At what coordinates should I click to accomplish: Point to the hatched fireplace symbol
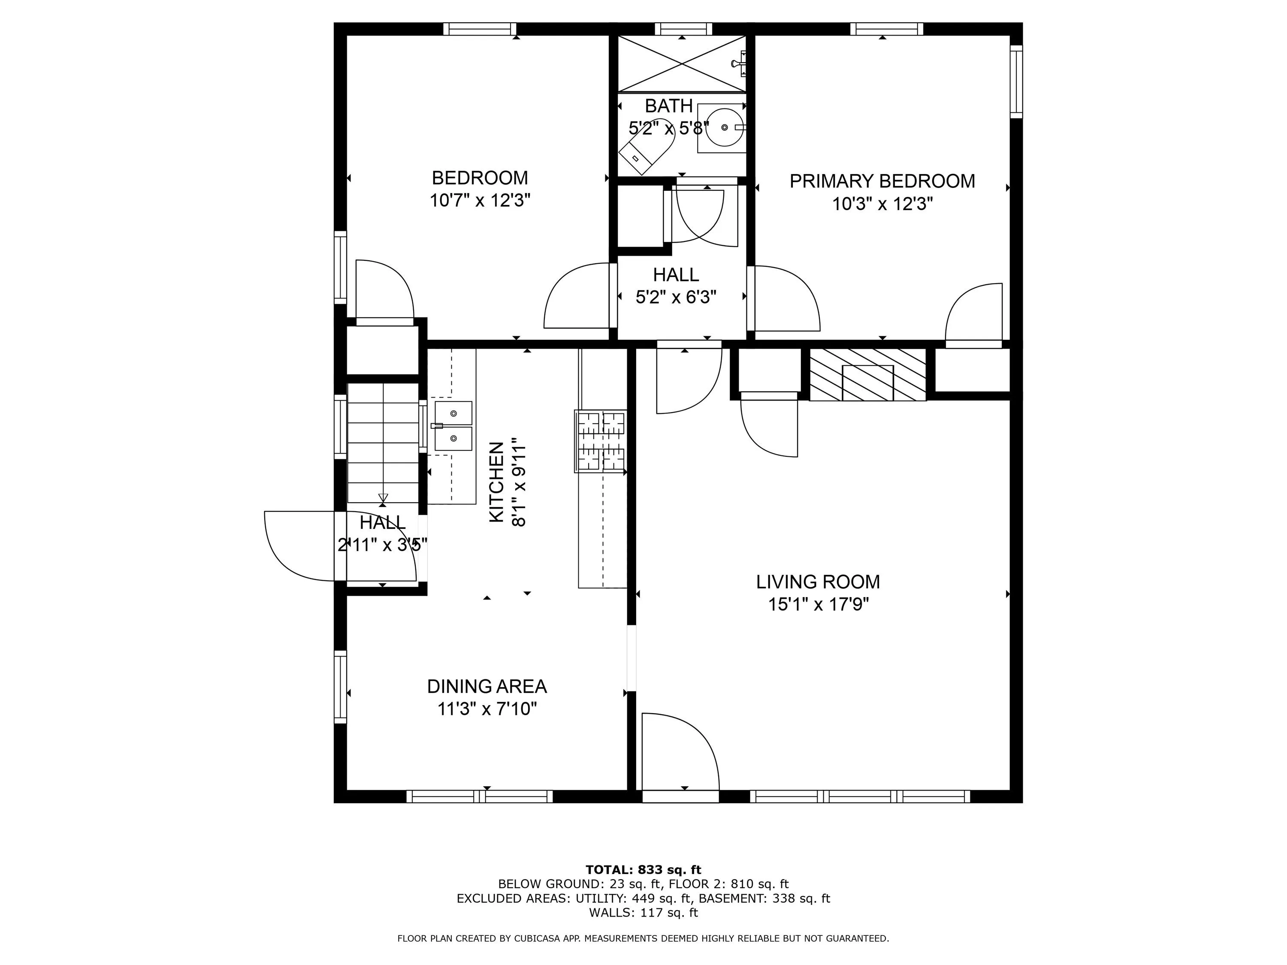(x=867, y=374)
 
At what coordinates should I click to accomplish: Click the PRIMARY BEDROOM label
(x=882, y=181)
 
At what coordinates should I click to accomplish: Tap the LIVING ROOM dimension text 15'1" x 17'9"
(x=819, y=604)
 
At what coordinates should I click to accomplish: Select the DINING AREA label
(x=487, y=686)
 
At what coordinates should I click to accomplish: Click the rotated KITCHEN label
(x=496, y=482)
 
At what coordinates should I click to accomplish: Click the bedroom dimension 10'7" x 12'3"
(x=480, y=201)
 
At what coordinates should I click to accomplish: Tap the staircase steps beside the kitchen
(x=383, y=443)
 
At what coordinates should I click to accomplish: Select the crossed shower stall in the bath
(x=681, y=64)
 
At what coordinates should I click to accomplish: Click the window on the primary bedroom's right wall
(x=1016, y=81)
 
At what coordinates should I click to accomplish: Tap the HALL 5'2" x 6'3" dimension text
(x=676, y=297)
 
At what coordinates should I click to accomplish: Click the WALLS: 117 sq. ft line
(x=643, y=913)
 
